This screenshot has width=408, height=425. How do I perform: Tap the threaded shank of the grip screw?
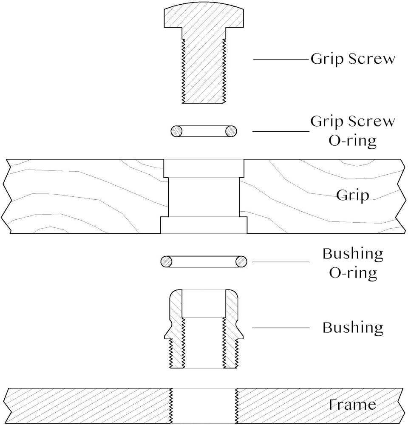tap(204, 71)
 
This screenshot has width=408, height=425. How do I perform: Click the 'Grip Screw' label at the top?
tap(353, 59)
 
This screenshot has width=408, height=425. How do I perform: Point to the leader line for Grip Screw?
tap(281, 59)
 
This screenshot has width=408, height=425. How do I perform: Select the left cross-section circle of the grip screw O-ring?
tap(176, 131)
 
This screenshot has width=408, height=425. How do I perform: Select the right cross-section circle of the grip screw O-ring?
tap(231, 131)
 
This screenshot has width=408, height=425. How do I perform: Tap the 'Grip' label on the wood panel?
tap(353, 195)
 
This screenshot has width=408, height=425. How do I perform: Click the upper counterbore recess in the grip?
tap(204, 168)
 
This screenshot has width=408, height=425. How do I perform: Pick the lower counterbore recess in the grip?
tap(204, 225)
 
